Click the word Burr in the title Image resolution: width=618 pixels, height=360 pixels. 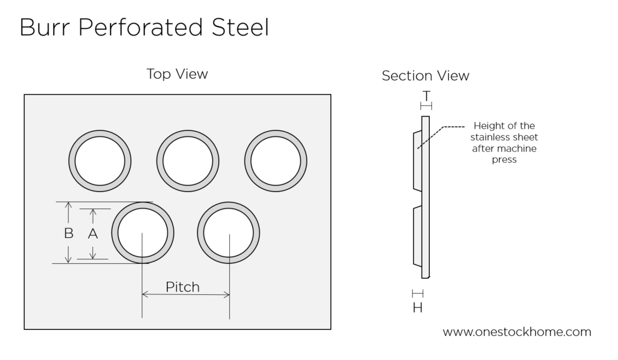click(x=40, y=27)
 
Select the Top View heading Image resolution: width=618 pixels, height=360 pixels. click(x=177, y=74)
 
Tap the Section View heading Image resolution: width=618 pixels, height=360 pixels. click(x=425, y=76)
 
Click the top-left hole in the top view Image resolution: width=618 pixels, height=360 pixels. click(x=100, y=161)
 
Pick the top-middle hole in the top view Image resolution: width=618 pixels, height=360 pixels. click(x=188, y=161)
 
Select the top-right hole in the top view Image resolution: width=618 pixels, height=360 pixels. click(x=276, y=161)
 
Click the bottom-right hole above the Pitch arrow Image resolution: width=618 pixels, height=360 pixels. click(x=229, y=233)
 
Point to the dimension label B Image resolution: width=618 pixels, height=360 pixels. click(x=68, y=234)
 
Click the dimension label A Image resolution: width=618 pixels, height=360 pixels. click(x=93, y=234)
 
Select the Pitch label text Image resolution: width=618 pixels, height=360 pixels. click(x=183, y=287)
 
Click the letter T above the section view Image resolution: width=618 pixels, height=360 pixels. click(x=426, y=96)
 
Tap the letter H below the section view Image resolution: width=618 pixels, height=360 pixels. click(x=417, y=308)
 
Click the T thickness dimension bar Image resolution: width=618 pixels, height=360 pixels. click(x=426, y=106)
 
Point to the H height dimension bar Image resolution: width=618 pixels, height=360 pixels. click(x=417, y=294)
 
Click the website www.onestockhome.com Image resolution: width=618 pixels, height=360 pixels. click(x=517, y=332)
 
